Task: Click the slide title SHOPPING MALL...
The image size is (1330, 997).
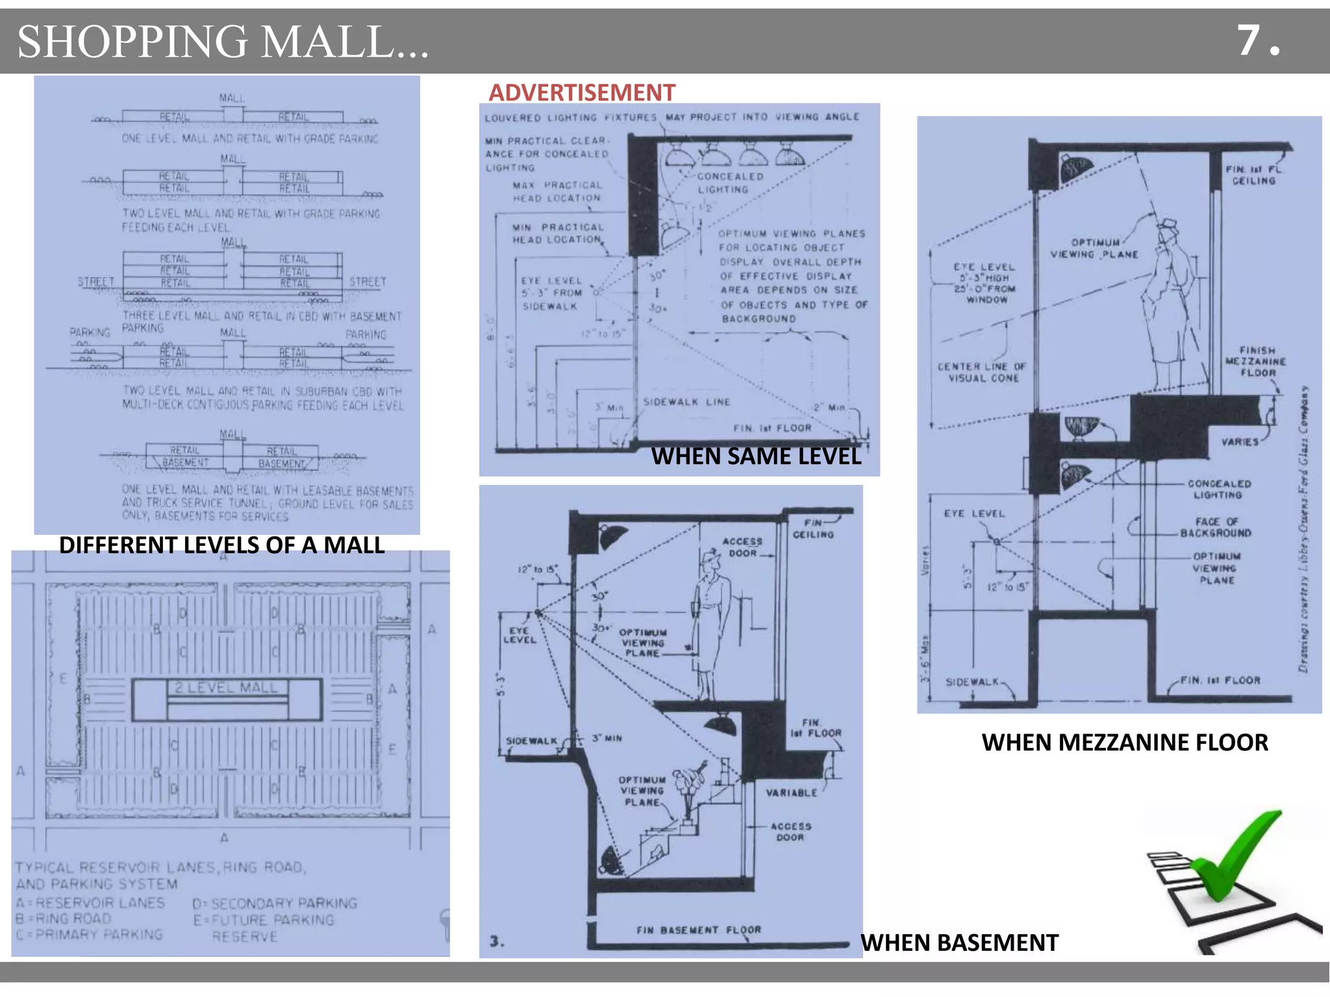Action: [x=223, y=42]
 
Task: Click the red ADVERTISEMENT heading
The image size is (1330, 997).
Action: [x=582, y=93]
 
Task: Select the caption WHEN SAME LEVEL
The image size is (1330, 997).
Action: [x=756, y=456]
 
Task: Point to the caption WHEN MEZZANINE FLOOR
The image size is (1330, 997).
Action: [x=1124, y=742]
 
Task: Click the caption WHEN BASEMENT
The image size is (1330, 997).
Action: [x=959, y=942]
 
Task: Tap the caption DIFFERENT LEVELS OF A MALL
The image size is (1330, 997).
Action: [x=221, y=545]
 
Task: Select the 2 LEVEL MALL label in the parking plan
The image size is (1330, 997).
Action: [x=225, y=687]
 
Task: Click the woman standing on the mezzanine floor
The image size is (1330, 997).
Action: [x=1169, y=305]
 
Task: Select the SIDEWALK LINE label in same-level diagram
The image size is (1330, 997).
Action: [x=686, y=402]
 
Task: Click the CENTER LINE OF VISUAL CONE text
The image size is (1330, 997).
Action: [x=982, y=372]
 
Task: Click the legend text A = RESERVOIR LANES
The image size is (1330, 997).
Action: [x=91, y=903]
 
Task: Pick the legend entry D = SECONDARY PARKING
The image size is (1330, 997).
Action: [x=275, y=903]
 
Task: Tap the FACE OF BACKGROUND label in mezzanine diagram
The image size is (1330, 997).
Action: [x=1216, y=527]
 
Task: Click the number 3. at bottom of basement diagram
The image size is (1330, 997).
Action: [x=497, y=941]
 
